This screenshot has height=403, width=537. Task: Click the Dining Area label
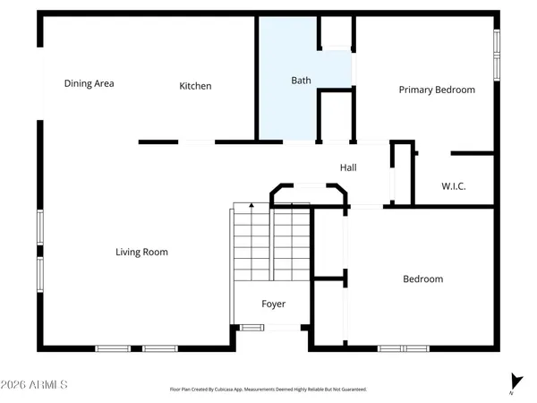[89, 84]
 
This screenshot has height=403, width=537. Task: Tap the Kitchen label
[195, 86]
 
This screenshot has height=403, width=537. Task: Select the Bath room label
[302, 81]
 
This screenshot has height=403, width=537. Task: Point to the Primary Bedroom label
[437, 90]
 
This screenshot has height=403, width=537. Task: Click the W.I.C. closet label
[454, 186]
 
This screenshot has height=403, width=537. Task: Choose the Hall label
[349, 167]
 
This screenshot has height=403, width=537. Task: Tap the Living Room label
[141, 253]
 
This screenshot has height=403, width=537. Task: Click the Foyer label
[273, 304]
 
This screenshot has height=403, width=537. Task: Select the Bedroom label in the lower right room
[422, 279]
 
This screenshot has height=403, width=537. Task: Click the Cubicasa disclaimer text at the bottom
[268, 390]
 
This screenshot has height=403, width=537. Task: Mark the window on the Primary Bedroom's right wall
[495, 56]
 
